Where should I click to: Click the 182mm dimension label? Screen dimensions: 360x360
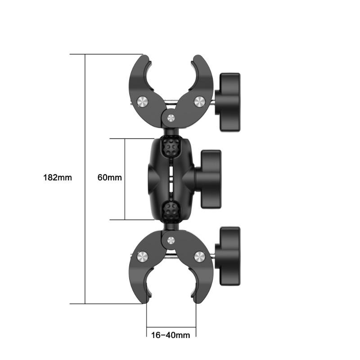(x=58, y=177)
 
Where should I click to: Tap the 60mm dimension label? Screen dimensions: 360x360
(x=110, y=177)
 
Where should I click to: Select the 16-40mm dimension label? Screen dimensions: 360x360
(x=171, y=335)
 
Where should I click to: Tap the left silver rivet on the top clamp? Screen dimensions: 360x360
(x=143, y=102)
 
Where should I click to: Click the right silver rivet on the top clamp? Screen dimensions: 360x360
(x=199, y=101)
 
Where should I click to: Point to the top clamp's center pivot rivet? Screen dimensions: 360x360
(x=171, y=118)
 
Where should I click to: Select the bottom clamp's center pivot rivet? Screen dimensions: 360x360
(x=171, y=240)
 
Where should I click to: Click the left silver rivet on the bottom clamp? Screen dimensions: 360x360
(x=143, y=257)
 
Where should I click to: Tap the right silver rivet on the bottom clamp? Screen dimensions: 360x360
(x=199, y=257)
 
